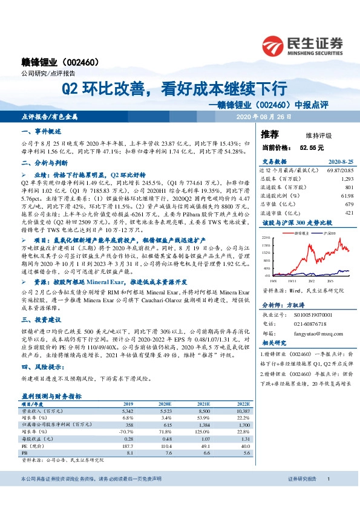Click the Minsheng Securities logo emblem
[273, 45]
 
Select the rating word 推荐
[270, 134]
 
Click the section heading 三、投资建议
[40, 320]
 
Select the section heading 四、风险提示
[40, 366]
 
